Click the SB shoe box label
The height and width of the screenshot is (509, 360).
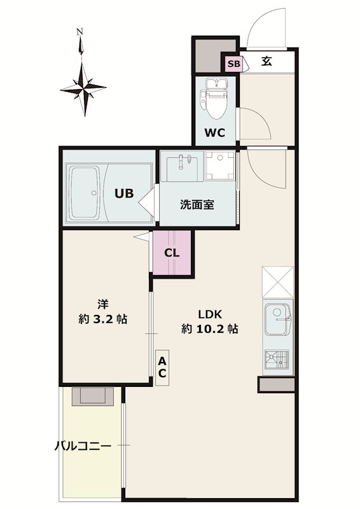pyautogui.click(x=233, y=64)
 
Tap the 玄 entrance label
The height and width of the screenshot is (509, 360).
pyautogui.click(x=267, y=61)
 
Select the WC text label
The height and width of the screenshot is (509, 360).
pyautogui.click(x=214, y=132)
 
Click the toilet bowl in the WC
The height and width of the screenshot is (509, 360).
pyautogui.click(x=216, y=100)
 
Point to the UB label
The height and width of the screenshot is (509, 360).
pyautogui.click(x=124, y=193)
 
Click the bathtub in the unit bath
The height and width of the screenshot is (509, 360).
pyautogui.click(x=85, y=193)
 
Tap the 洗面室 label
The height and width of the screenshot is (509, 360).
pyautogui.click(x=197, y=204)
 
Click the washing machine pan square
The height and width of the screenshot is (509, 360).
pyautogui.click(x=220, y=165)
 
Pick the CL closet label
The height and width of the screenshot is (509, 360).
pyautogui.click(x=172, y=253)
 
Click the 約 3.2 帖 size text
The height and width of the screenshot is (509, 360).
pyautogui.click(x=102, y=319)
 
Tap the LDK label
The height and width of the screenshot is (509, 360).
pyautogui.click(x=210, y=314)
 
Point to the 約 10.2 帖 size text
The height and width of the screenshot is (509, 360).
pyautogui.click(x=210, y=329)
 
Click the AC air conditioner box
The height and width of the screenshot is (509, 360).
pyautogui.click(x=162, y=368)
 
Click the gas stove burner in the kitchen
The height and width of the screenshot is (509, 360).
pyautogui.click(x=277, y=359)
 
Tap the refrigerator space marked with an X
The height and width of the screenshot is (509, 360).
pyautogui.click(x=277, y=282)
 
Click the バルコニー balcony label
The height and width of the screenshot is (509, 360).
pyautogui.click(x=83, y=446)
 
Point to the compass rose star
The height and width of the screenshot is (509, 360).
pyautogui.click(x=83, y=88)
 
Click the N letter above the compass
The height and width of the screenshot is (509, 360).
pyautogui.click(x=80, y=31)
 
